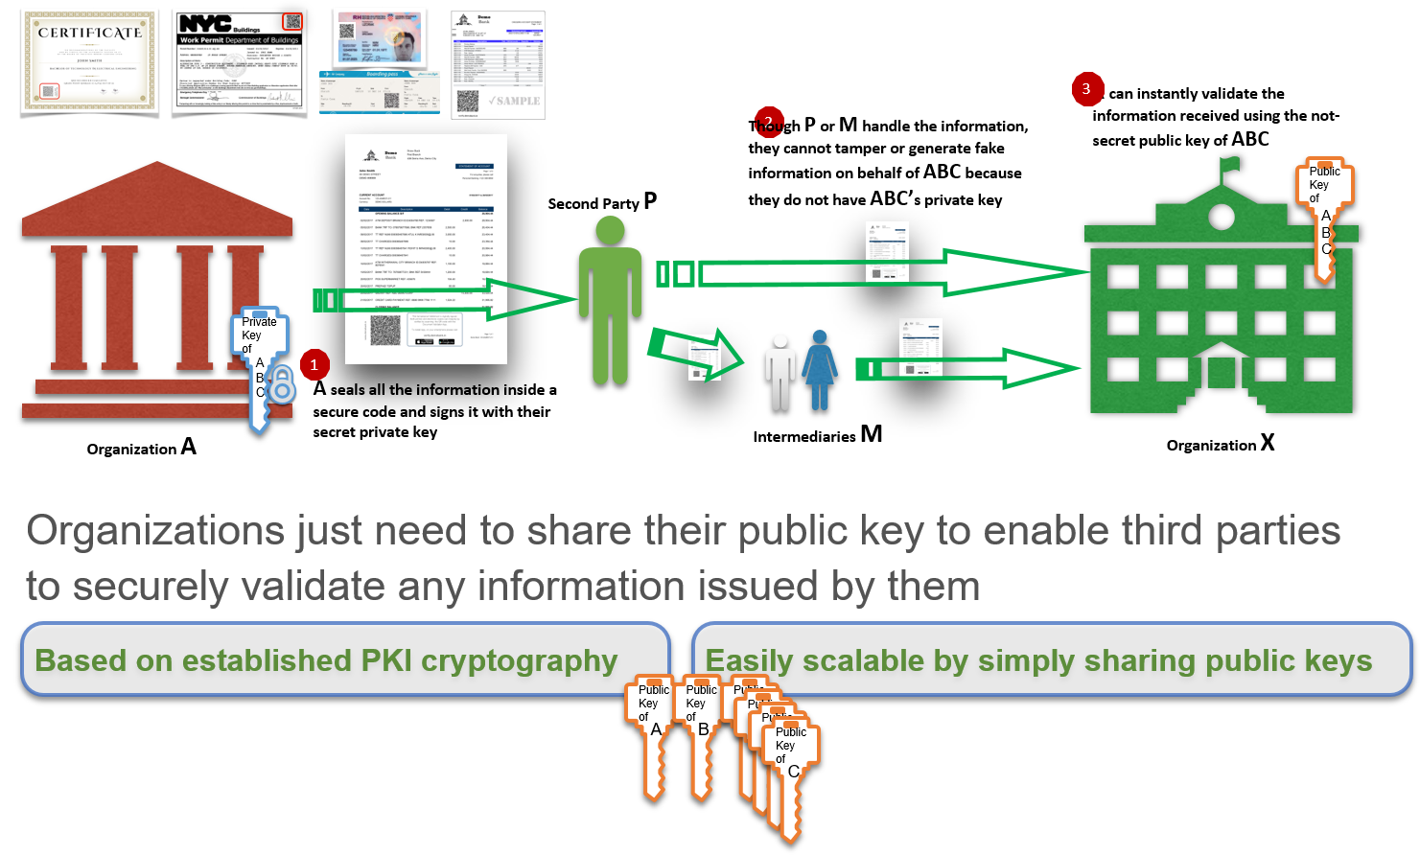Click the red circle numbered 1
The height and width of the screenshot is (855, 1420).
(x=314, y=365)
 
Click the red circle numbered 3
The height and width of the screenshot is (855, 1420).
(x=1086, y=89)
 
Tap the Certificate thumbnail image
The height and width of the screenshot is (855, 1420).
(x=89, y=59)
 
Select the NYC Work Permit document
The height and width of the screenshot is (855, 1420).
(x=240, y=60)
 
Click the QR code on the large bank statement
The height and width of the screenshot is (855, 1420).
(x=384, y=330)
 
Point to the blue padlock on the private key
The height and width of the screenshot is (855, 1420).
(x=281, y=386)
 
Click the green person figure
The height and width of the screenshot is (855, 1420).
(x=610, y=297)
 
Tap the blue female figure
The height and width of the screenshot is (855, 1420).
(x=820, y=369)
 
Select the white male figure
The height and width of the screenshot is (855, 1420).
(x=780, y=371)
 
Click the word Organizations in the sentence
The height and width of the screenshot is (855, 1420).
(x=155, y=530)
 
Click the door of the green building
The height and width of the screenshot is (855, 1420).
(x=1221, y=371)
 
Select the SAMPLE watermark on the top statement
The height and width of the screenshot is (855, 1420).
(x=514, y=101)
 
